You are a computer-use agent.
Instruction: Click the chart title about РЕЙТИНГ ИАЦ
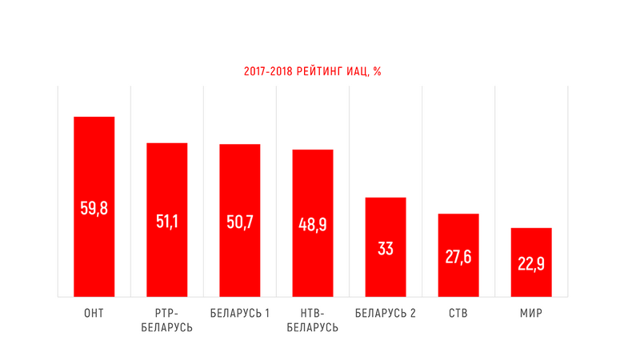[x=312, y=72]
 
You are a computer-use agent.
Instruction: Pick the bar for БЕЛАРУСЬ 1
[x=239, y=184]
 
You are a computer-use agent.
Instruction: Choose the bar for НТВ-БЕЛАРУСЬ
[x=313, y=188]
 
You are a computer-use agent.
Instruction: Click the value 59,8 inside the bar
[x=94, y=208]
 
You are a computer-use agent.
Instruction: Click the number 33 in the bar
[x=386, y=248]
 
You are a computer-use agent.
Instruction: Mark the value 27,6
[x=458, y=258]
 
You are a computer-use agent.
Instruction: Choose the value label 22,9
[x=531, y=264]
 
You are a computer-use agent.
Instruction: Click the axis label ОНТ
[x=94, y=313]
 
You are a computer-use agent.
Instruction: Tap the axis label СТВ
[x=458, y=313]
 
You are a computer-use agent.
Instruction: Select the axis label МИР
[x=531, y=313]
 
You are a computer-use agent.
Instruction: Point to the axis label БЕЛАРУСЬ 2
[x=386, y=313]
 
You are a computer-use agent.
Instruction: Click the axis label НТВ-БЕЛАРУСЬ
[x=313, y=320]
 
